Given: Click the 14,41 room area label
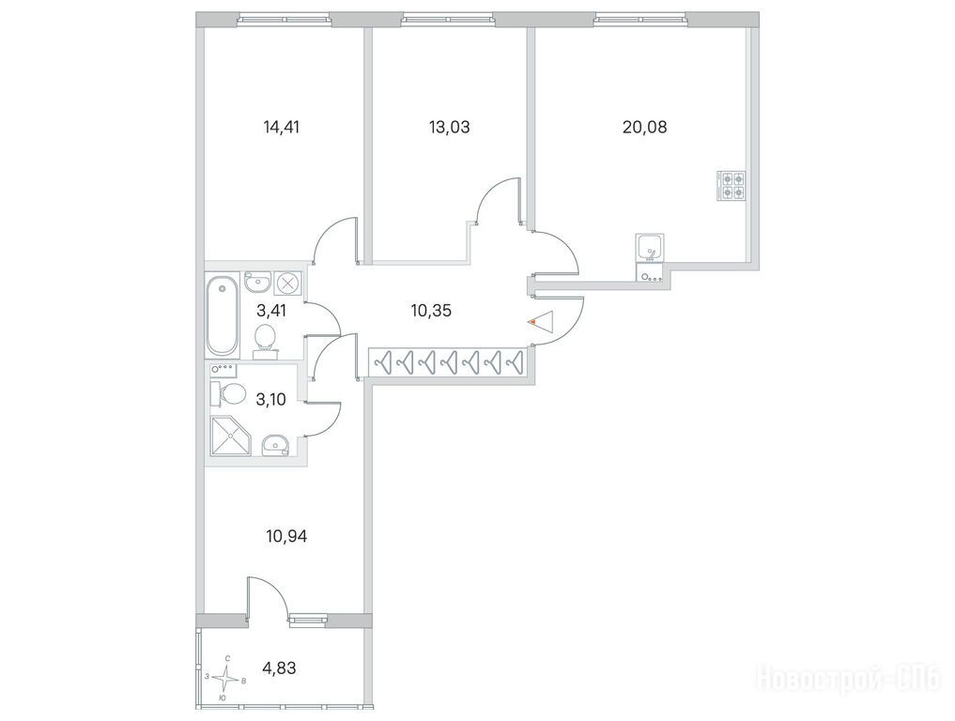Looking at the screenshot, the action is point(282,128).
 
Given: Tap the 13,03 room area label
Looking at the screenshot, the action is point(450,128).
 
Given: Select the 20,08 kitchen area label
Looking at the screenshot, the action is point(645,128).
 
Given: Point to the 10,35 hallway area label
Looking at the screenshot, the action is point(431,311).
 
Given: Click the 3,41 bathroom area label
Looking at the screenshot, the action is point(271,311).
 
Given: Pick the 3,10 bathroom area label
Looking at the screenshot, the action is point(271,400).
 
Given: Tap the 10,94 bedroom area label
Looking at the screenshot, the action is point(286,536).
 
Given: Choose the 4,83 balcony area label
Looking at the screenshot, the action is point(279,668).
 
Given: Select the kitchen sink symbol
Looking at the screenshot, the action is point(650,248).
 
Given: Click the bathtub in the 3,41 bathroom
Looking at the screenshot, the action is point(222,314).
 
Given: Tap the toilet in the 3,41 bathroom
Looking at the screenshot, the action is point(264,339).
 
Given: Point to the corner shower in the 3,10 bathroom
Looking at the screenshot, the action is point(230,436).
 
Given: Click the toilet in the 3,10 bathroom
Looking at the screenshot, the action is point(226,394).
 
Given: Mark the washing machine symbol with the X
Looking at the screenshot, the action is point(288,283).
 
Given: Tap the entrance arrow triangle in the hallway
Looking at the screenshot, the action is point(541,321).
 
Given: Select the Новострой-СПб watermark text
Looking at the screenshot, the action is point(848,679).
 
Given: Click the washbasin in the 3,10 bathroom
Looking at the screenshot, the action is point(276,445).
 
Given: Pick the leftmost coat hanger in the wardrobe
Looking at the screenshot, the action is point(383,361).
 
